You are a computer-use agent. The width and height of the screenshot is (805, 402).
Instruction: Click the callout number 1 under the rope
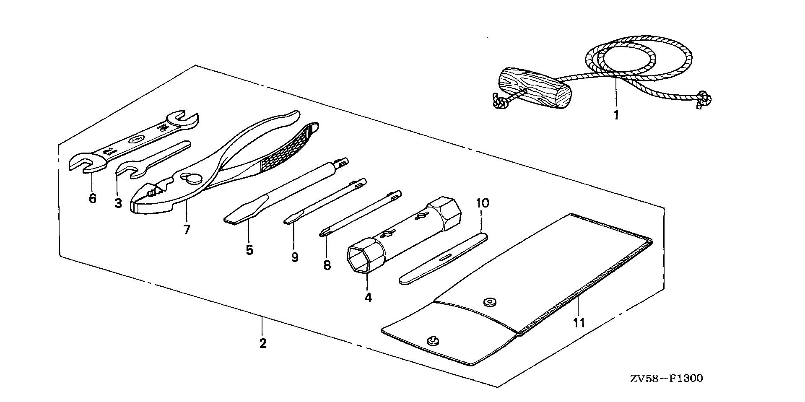pos(616,114)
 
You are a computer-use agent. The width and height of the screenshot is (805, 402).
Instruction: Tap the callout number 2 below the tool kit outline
pos(262,343)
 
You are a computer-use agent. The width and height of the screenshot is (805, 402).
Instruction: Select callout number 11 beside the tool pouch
pos(579,322)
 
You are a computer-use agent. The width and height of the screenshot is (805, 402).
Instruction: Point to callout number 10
pos(482,204)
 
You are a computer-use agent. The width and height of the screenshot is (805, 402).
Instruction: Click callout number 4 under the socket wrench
pos(368,298)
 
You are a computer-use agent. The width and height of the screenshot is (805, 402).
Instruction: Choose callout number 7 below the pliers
pos(187,229)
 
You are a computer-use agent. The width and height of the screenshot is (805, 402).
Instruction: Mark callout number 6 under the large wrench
pos(92,198)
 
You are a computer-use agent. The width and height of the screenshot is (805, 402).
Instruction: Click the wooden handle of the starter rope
pos(535,89)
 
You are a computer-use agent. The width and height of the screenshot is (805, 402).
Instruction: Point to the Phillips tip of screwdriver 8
pos(323,232)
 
